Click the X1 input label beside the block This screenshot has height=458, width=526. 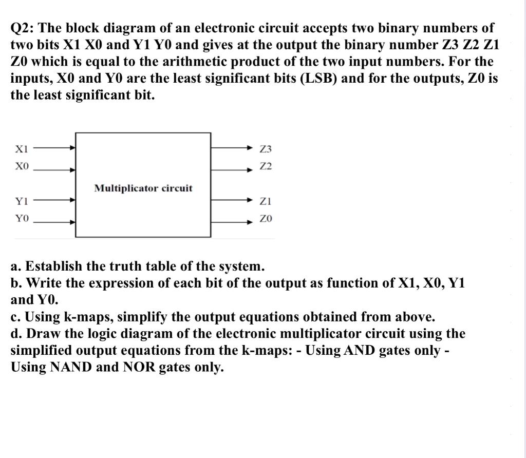pos(22,149)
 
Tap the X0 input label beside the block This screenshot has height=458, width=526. pos(22,167)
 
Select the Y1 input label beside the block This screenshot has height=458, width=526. pos(22,201)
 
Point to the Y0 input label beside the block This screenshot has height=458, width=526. pos(22,219)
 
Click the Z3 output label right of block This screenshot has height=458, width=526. pos(266,149)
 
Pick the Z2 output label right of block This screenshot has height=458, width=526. pos(266,167)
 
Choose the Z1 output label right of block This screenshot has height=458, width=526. pos(266,201)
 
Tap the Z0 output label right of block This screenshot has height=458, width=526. pos(266,219)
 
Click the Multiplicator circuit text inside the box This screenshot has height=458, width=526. pos(143,188)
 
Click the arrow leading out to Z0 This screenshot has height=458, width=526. pos(231,222)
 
